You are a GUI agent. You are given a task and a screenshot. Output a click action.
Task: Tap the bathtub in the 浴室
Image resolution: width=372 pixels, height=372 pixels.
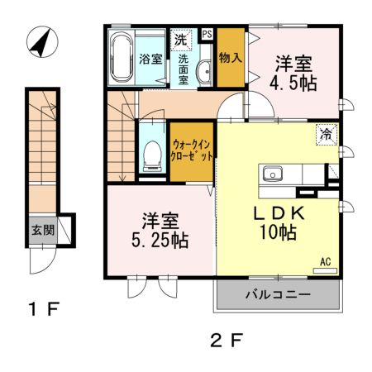[121, 58]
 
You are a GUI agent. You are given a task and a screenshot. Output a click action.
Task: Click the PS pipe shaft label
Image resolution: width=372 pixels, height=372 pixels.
[207, 34]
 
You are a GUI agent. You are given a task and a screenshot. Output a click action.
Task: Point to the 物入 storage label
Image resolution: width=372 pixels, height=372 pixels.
[231, 59]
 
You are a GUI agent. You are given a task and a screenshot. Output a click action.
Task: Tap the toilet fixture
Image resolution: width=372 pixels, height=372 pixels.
[151, 156]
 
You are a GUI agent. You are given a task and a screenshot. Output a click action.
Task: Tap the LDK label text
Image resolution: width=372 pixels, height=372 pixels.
[279, 212]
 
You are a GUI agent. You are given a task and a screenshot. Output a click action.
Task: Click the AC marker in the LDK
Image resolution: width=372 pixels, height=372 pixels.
[325, 262]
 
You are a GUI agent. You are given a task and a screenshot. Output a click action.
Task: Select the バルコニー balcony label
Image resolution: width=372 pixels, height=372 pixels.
[278, 296]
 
